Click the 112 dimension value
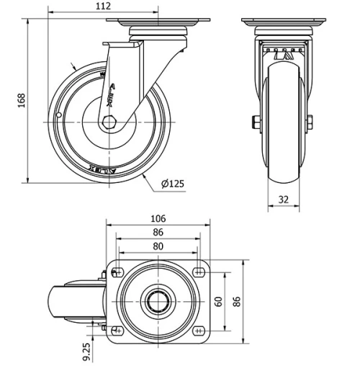103,6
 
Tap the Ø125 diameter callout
172,183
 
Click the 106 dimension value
158,219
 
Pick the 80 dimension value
158,246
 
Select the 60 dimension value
219,301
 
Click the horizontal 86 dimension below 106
158,232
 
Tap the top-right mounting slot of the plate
199,272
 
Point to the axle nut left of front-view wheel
256,122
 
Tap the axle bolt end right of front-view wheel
310,122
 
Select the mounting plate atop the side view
158,19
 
